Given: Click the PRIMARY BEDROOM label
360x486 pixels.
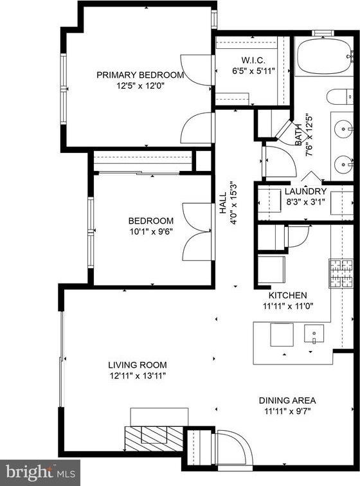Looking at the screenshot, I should click(139, 75).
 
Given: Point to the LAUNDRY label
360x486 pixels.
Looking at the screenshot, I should click(305, 192).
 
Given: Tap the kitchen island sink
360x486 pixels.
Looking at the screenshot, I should click(314, 334).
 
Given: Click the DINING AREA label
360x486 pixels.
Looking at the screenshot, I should click(287, 400).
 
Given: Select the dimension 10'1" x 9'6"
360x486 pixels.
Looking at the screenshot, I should click(150, 232).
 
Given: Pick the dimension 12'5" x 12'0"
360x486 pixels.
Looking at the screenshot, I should click(139, 85).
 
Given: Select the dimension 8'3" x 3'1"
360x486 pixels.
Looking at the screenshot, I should click(305, 202).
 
